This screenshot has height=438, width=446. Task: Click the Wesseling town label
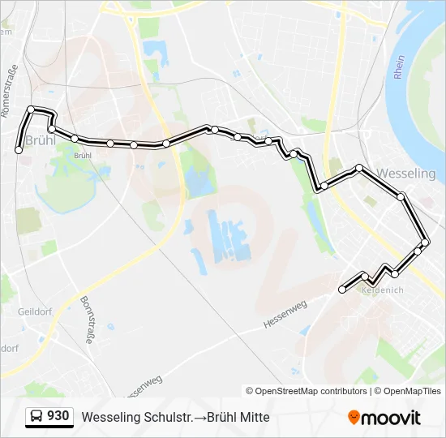[x=407, y=174]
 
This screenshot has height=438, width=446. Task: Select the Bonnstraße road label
[x=87, y=320]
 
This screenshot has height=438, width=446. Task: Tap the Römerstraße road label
[x=12, y=88]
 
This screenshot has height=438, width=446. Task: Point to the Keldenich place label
[x=382, y=290]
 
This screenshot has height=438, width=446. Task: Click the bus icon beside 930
[x=36, y=417]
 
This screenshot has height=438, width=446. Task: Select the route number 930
[x=58, y=416]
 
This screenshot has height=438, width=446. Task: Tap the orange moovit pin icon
[x=354, y=418]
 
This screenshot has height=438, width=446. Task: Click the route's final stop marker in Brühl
[x=19, y=149]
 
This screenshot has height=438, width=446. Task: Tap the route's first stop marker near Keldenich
[x=342, y=289]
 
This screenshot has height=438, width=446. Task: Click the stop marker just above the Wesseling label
[x=359, y=168]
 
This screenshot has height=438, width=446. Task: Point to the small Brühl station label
[x=82, y=155]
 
